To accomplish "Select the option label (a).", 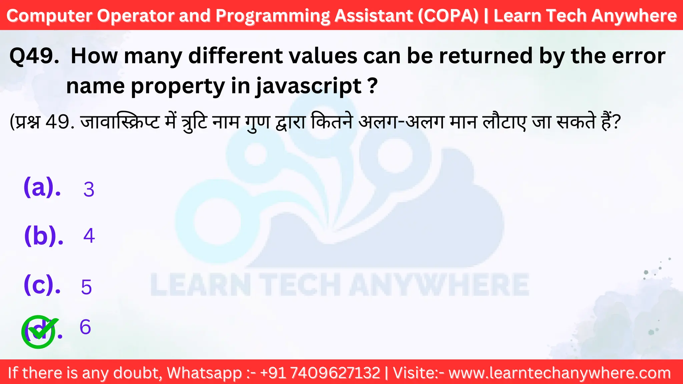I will click(42, 187).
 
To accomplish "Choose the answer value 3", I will click(89, 189).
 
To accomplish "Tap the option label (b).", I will click(44, 236).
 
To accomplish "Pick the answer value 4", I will click(89, 236).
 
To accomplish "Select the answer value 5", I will click(86, 287).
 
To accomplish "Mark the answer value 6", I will click(85, 327).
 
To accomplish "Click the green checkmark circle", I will click(39, 332).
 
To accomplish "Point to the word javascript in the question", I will click(309, 86).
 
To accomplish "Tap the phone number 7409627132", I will click(335, 373).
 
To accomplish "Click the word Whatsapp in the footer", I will click(204, 373).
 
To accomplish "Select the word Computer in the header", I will click(49, 16).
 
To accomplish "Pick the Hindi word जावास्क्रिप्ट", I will click(120, 122).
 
